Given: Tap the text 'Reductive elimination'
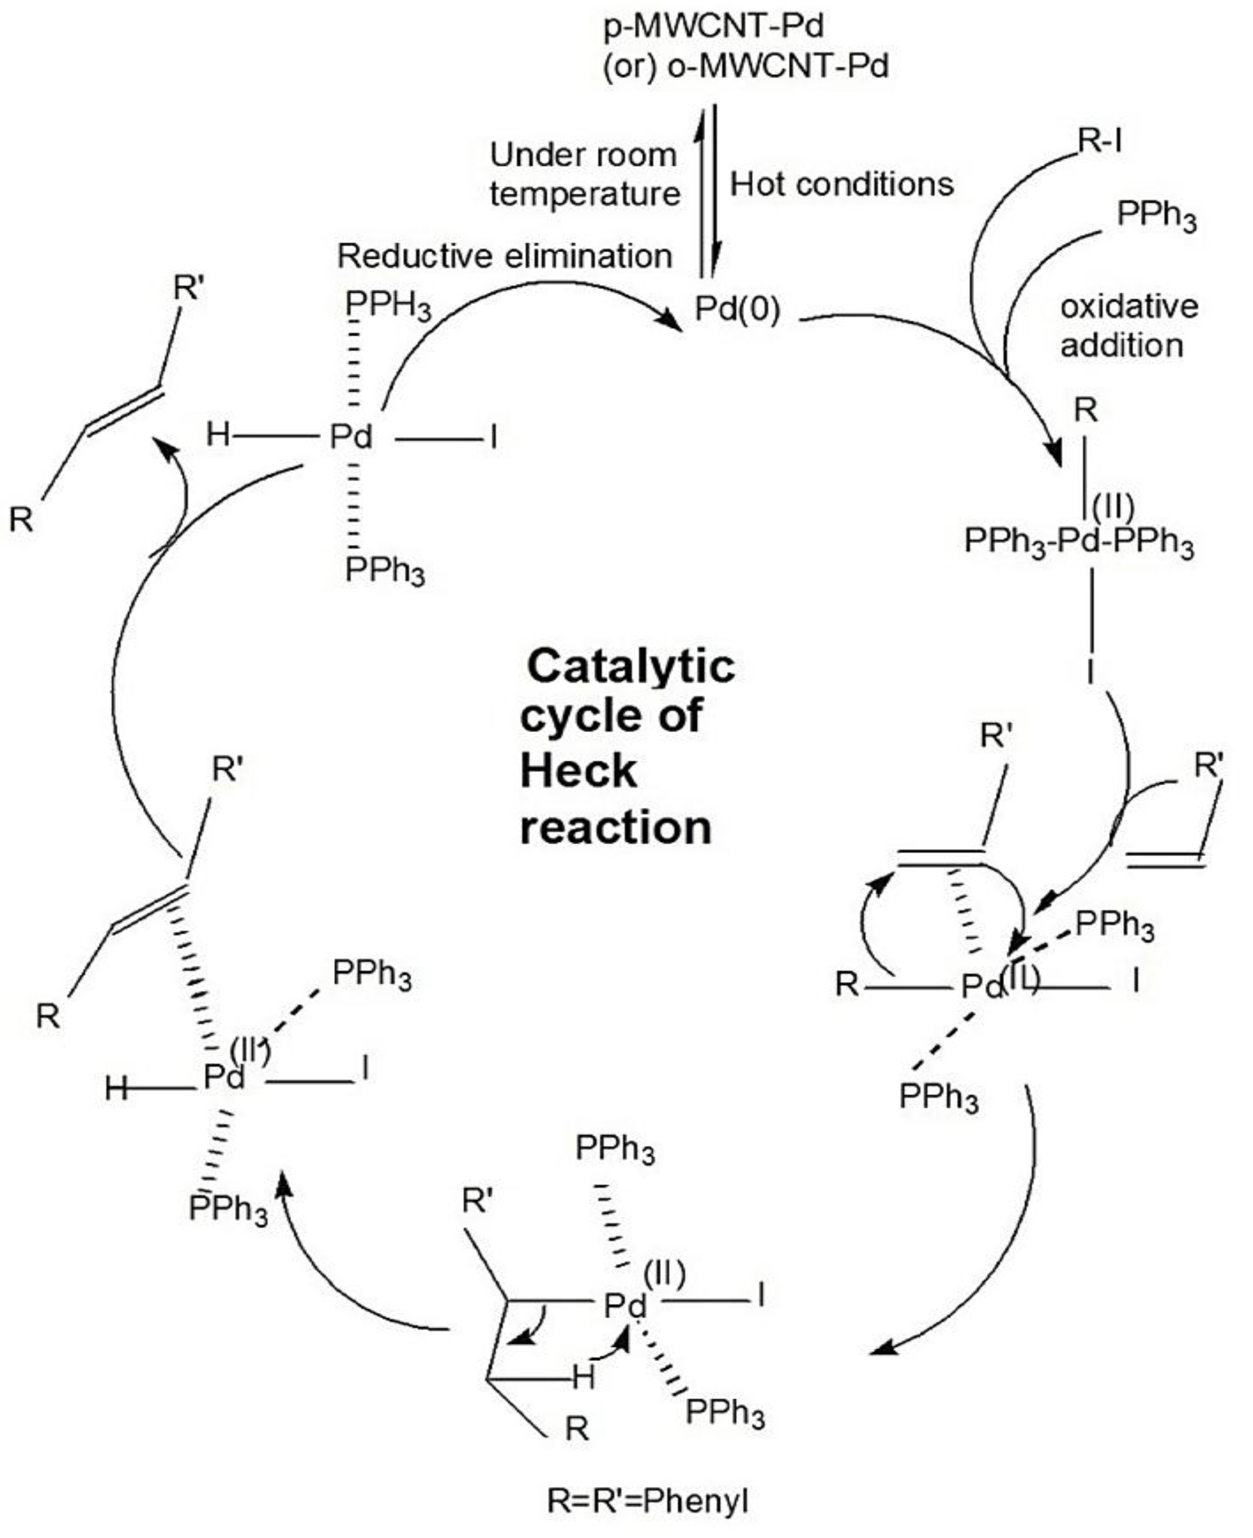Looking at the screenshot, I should pos(505,256).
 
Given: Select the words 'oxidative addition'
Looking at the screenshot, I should pos(1128,326).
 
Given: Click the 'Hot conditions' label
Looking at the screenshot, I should pos(841,185).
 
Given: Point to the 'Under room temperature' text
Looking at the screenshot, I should pos(585,175).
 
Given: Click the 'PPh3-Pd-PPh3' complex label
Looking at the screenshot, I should pos(1079,541).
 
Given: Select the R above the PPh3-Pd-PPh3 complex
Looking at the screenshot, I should pos(1085,411).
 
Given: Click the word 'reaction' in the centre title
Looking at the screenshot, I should pos(616,827).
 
